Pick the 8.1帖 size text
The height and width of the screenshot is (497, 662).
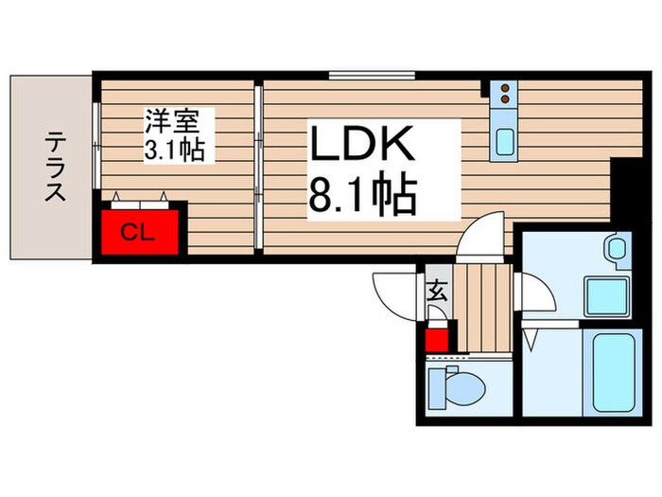coord(361,196)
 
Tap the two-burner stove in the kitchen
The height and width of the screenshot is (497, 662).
coord(506,94)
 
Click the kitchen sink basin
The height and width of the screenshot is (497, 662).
coord(506,142)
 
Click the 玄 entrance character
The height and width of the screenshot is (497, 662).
coord(438,291)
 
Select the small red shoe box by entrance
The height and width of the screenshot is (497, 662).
coord(436,338)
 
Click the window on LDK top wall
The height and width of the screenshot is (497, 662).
coord(371,74)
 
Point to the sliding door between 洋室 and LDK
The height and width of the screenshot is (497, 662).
coord(259,168)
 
